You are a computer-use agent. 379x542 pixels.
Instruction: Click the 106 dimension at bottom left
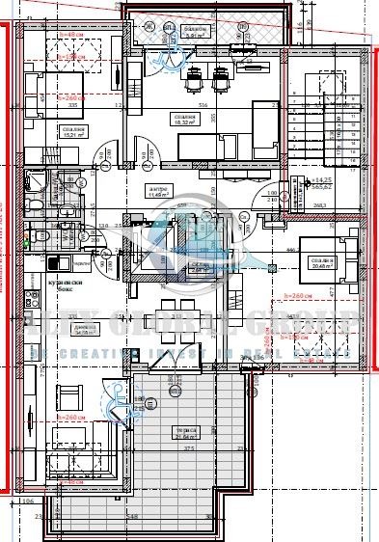coord(26,501)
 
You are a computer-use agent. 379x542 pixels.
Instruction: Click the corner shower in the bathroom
coord(35,182)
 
